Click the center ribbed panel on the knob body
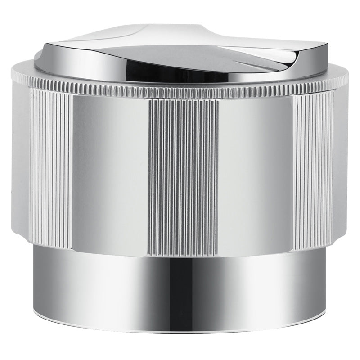point(183,175)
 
